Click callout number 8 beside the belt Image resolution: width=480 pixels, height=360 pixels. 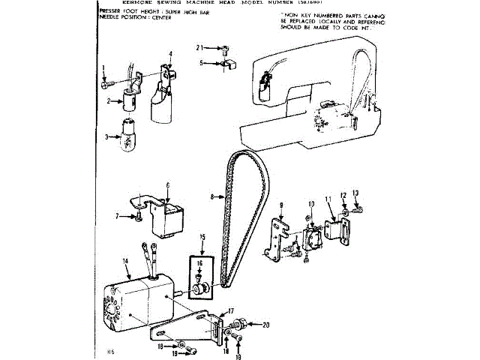(212, 197)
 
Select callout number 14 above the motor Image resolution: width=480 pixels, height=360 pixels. (126, 261)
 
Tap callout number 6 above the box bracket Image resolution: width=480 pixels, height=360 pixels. (167, 184)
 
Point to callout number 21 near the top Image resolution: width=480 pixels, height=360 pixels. (200, 47)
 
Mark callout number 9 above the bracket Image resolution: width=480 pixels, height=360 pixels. (280, 205)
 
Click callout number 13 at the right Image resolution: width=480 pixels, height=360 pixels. (355, 193)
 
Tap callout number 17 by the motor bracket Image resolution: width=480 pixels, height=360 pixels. (231, 310)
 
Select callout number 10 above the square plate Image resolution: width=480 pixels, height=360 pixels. (311, 203)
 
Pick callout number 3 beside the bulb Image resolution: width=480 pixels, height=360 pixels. (107, 136)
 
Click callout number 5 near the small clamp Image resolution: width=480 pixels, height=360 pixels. (202, 63)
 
